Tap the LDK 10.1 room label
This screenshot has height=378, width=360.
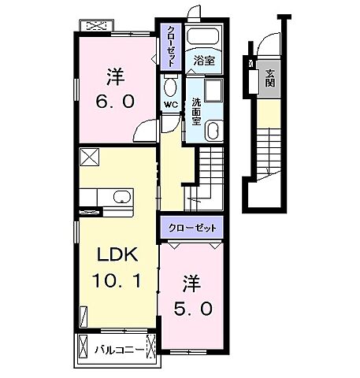tap(118, 269)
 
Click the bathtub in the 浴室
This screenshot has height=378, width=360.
tap(205, 38)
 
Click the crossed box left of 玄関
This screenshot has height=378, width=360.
tap(251, 64)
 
